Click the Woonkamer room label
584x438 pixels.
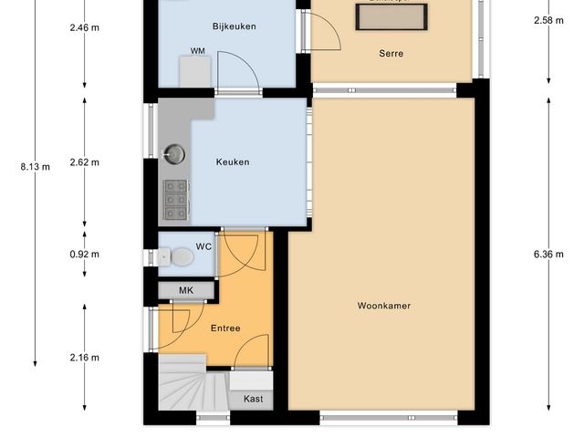pyautogui.click(x=383, y=306)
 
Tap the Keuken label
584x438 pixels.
pyautogui.click(x=232, y=162)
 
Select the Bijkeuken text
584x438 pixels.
pyautogui.click(x=234, y=26)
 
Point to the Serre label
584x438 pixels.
pyautogui.click(x=391, y=53)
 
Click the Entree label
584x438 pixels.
pyautogui.click(x=225, y=328)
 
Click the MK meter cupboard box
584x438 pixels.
pyautogui.click(x=186, y=291)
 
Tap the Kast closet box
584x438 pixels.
pyautogui.click(x=253, y=399)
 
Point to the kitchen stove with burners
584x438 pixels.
pyautogui.click(x=174, y=200)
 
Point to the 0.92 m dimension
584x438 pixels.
pyautogui.click(x=85, y=255)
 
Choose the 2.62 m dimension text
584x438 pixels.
pyautogui.click(x=85, y=162)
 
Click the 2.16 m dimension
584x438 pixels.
pyautogui.click(x=85, y=358)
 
